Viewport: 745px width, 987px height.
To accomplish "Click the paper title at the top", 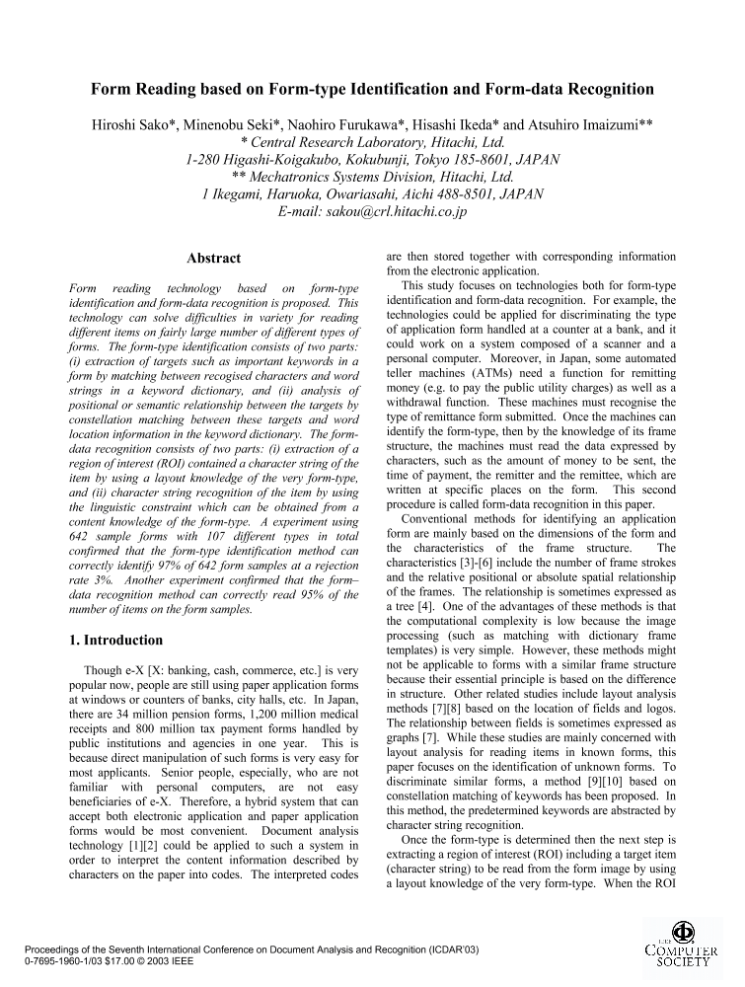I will pos(373,90).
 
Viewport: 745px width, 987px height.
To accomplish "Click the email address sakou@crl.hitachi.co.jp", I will pos(374,211).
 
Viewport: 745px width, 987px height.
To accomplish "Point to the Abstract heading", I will pos(214,259).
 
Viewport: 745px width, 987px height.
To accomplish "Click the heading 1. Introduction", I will pos(110,640).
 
